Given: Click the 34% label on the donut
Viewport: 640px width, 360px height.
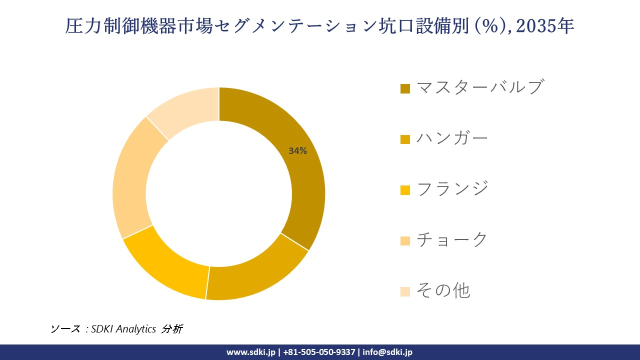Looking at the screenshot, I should pos(297,151).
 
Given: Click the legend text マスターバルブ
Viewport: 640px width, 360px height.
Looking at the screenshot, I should pos(479,87).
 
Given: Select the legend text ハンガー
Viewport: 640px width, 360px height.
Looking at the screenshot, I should pos(452,138).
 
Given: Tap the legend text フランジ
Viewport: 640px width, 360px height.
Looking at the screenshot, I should pos(452,189).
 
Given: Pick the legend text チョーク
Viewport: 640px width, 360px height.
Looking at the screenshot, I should pos(452,240).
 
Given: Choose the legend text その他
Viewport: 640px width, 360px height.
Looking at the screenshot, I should pos(443,290).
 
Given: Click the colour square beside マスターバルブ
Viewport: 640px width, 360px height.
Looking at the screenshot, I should pos(405,88).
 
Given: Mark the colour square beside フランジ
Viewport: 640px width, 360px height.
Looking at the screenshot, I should pos(405,190).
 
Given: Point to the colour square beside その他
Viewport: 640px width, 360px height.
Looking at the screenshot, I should pos(405,291).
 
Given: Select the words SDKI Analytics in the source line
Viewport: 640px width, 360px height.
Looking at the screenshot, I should pos(123,329).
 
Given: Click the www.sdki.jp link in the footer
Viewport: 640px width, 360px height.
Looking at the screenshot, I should pos(251,352).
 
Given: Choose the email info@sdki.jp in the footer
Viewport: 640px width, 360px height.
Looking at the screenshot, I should pos(387,352).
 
